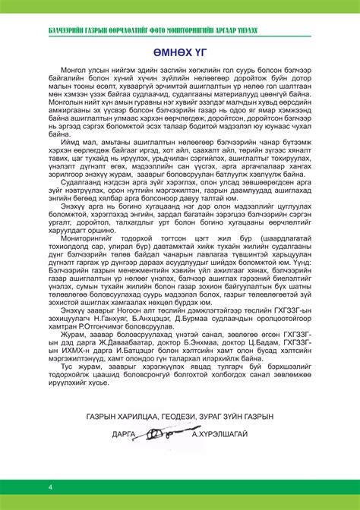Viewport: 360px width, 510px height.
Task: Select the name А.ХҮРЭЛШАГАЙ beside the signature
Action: [x=225, y=435]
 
